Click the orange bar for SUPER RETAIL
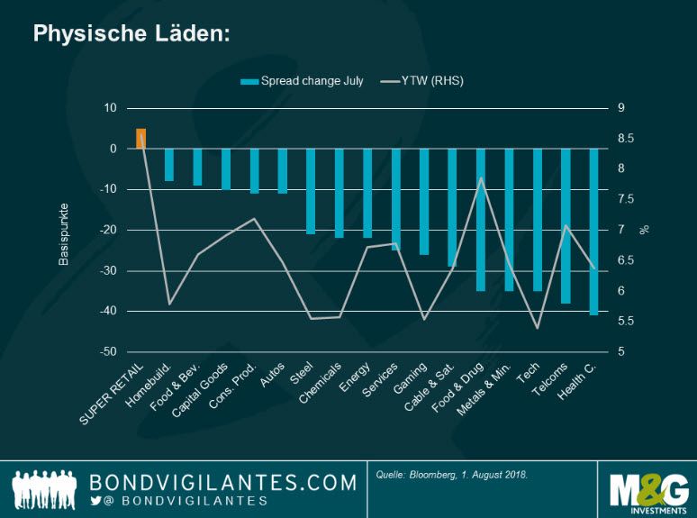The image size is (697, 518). [x=140, y=139]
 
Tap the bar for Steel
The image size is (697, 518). [x=311, y=191]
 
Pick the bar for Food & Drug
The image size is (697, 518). [x=481, y=219]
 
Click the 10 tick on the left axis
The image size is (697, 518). [x=111, y=108]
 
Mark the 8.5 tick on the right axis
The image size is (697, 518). [x=626, y=139]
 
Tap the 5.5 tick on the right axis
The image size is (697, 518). [x=626, y=322]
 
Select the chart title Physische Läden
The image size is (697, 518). [x=131, y=33]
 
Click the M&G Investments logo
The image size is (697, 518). [x=648, y=489]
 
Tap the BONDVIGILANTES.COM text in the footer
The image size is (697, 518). [x=223, y=482]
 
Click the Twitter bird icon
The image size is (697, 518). [x=95, y=501]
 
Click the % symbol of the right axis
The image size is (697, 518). [x=644, y=230]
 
